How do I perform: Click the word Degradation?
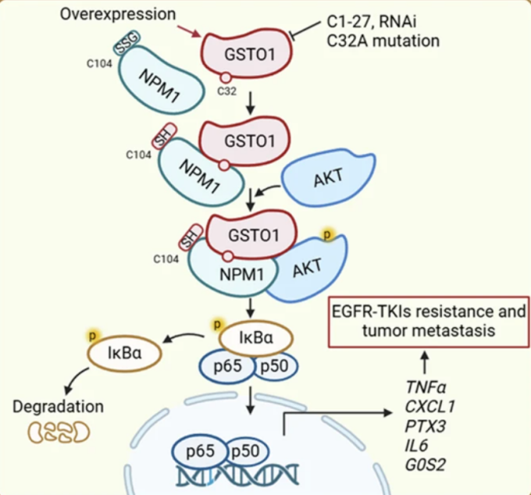click(x=58, y=407)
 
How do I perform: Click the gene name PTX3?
click(x=422, y=426)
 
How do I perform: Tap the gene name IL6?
click(x=416, y=447)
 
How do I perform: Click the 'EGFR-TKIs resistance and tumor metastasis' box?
click(x=425, y=322)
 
